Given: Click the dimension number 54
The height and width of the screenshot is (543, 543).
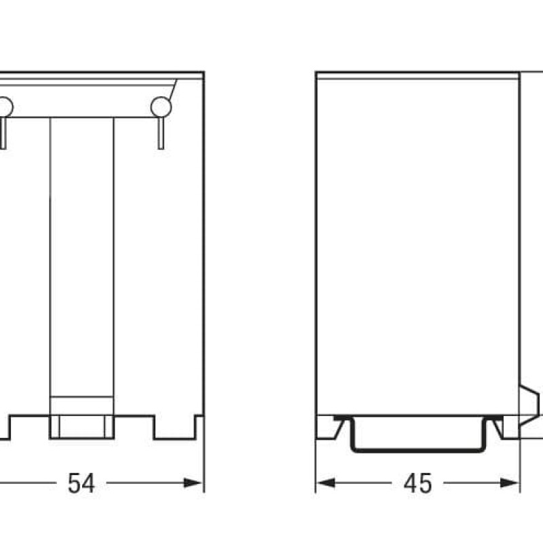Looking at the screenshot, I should (81, 483).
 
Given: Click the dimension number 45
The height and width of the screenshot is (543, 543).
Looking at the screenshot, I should (417, 483).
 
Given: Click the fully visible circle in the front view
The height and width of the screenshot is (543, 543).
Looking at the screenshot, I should (161, 106).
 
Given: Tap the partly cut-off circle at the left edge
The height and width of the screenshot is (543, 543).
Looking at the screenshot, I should (4, 107).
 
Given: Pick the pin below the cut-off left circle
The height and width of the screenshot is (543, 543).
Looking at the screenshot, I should (3, 132).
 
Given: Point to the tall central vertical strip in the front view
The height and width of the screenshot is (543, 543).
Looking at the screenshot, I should (81, 258).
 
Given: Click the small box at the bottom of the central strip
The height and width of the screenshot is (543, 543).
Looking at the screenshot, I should (81, 406).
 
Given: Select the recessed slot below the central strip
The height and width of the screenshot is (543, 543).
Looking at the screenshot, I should (81, 428).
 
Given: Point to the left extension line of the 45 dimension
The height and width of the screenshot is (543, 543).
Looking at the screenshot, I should (316, 462).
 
